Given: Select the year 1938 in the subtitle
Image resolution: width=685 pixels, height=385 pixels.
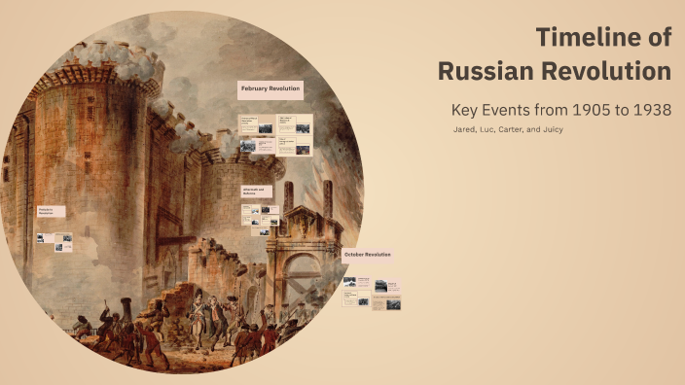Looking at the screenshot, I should (x=648, y=110).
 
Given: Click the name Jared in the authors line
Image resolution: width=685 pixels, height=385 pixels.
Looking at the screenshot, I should (x=465, y=129).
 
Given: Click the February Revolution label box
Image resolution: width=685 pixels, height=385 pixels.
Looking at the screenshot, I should (x=270, y=89).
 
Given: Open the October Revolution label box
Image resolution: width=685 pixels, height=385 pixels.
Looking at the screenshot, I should (x=368, y=255).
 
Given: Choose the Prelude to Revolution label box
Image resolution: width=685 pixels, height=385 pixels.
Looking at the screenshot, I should (x=51, y=211).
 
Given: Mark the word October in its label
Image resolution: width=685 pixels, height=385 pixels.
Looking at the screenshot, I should (x=354, y=255).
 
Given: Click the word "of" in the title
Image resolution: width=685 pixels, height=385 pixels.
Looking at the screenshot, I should (x=657, y=38).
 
